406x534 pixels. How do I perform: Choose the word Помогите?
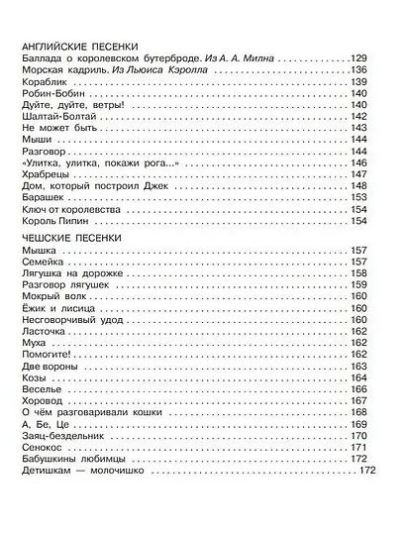46,352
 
